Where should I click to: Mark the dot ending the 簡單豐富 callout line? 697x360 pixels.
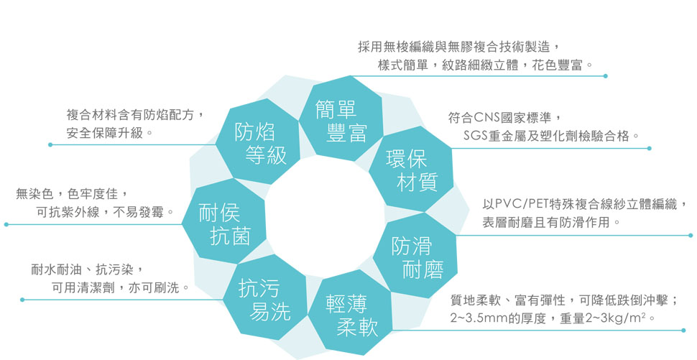[606, 75]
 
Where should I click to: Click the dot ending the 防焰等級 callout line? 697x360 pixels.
[50, 144]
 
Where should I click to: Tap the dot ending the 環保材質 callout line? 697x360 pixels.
[649, 148]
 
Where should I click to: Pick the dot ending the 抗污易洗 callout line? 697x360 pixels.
[22, 299]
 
